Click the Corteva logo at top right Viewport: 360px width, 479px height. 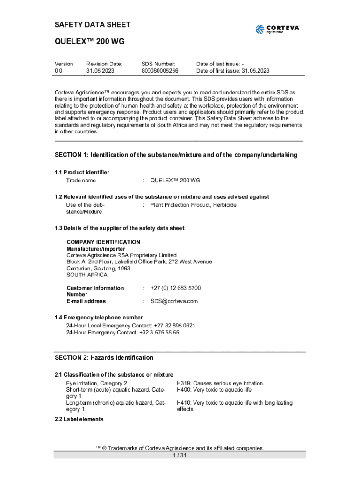click(x=277, y=29)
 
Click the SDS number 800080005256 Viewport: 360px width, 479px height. click(x=160, y=71)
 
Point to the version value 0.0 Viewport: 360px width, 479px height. click(x=58, y=71)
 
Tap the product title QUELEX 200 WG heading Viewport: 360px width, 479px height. click(x=89, y=42)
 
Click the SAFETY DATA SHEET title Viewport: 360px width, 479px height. click(x=93, y=24)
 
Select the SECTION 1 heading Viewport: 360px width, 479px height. click(x=176, y=155)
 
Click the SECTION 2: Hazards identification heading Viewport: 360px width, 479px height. click(x=104, y=358)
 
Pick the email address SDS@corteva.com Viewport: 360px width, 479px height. click(x=174, y=301)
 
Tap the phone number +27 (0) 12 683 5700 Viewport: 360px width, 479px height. click(x=175, y=288)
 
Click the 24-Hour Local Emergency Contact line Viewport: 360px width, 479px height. click(x=131, y=326)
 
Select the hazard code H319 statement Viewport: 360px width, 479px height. click(x=220, y=383)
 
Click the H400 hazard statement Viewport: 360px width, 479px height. click(x=214, y=390)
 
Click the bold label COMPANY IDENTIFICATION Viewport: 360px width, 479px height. click(x=103, y=242)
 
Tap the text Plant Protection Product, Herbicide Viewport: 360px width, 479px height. click(x=193, y=205)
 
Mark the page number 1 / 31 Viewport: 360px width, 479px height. click(x=180, y=456)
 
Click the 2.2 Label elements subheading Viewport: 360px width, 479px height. click(x=79, y=419)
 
